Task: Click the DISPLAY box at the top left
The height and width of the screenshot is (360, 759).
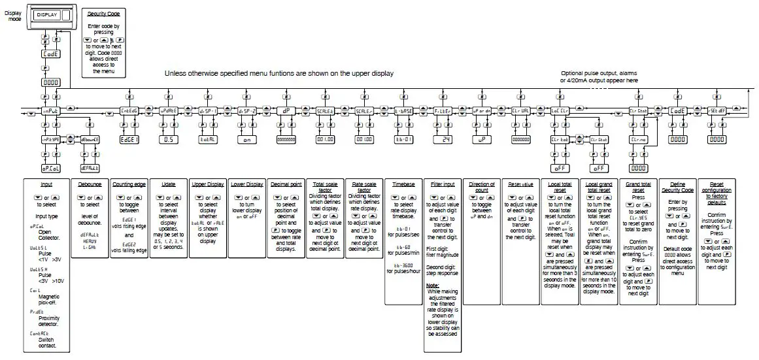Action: point(47,14)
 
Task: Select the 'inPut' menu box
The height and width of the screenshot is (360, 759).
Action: point(51,111)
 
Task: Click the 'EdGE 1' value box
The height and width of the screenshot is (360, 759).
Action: point(129,139)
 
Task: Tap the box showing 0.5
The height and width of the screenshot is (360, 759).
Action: point(169,139)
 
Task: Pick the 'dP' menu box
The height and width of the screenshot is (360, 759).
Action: point(286,111)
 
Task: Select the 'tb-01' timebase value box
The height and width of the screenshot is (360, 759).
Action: point(403,139)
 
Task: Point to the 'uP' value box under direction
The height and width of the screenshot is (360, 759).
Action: point(482,139)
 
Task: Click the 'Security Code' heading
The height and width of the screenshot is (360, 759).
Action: point(105,14)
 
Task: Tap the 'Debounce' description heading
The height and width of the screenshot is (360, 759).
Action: point(88,185)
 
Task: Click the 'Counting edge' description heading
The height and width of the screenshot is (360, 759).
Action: point(129,185)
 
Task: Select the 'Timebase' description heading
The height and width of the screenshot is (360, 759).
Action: point(403,185)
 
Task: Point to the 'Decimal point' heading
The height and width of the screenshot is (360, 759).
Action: point(286,185)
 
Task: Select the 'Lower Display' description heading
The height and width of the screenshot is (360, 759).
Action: point(247,185)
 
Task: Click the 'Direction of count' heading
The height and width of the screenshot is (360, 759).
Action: point(482,188)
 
